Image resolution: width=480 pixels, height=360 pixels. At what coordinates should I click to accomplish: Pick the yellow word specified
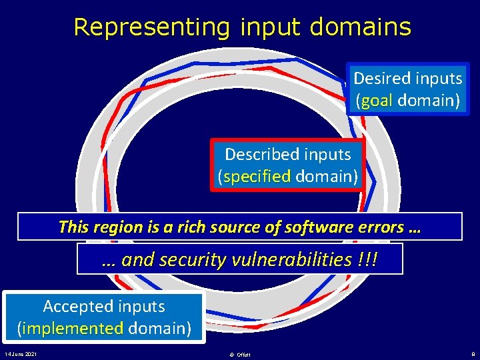pyautogui.click(x=257, y=177)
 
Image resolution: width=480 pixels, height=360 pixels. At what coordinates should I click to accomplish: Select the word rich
pyautogui.click(x=204, y=227)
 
